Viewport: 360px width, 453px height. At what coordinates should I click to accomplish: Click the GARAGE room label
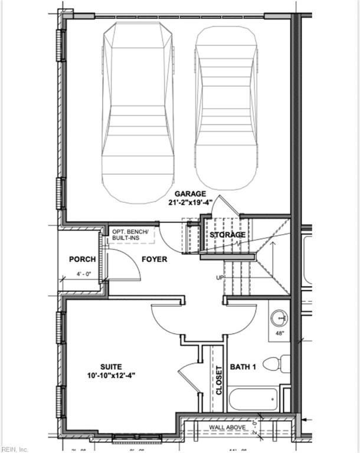coord(189,193)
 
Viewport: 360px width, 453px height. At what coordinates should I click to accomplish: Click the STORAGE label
coord(228,235)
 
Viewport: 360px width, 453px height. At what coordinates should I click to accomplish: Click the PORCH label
coord(83,259)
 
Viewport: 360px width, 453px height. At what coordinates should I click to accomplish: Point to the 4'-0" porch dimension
coord(83,274)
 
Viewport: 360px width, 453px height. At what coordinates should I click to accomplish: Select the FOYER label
coord(154,259)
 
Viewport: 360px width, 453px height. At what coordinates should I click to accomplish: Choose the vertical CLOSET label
coord(218,380)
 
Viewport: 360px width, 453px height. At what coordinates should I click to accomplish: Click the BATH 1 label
coord(242,367)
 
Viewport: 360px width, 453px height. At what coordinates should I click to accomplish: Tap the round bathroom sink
coord(279,319)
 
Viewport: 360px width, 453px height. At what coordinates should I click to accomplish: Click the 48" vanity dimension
coord(280,334)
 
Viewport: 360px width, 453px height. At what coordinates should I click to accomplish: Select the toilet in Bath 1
coord(276,363)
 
